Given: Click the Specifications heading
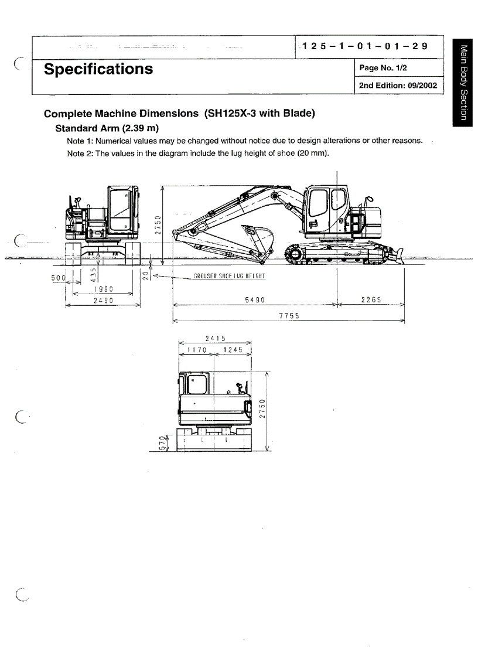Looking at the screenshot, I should coord(98,69).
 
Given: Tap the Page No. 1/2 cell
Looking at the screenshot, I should coord(383,68).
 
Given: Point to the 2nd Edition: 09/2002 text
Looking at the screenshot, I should coord(398,86).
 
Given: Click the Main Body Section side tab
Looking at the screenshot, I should coord(463,82).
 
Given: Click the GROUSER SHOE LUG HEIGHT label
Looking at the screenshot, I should coord(230,276).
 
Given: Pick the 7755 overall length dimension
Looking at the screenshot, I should coord(289,316).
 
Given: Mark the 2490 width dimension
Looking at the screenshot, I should coord(103,301).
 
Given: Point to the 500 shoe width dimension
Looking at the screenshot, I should coord(60,277).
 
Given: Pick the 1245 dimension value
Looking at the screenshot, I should coord(233,350).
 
